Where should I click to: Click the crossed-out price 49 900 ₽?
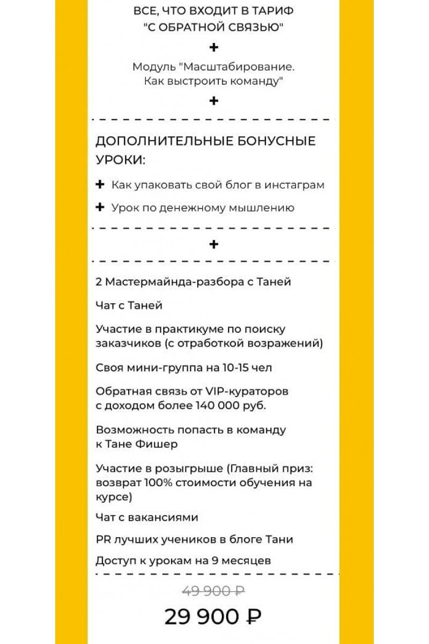[213, 591]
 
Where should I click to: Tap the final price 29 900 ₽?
[213, 617]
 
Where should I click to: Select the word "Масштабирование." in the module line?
[238, 68]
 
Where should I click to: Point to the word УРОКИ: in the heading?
[121, 160]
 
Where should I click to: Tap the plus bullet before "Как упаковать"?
[99, 185]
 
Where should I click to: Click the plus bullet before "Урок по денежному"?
[99, 208]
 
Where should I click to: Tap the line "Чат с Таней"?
[129, 305]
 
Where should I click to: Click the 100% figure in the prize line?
[159, 482]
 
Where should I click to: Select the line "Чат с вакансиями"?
[147, 517]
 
